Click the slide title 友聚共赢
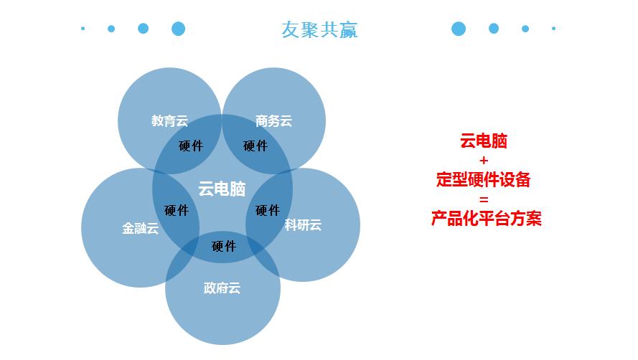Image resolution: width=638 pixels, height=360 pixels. pyautogui.click(x=319, y=29)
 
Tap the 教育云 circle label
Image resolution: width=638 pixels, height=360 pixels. pyautogui.click(x=170, y=121)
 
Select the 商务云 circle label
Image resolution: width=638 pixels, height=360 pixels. pyautogui.click(x=273, y=121)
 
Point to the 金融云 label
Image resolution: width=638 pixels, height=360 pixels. pyautogui.click(x=140, y=229)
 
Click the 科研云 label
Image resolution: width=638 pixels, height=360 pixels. pyautogui.click(x=303, y=225)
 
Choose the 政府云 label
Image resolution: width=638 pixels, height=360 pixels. pyautogui.click(x=222, y=288)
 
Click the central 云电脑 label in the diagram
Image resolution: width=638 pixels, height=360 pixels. pyautogui.click(x=222, y=189)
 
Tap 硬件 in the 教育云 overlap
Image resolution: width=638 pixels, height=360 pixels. pyautogui.click(x=191, y=146)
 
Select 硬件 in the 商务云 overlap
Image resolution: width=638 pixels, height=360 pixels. pyautogui.click(x=255, y=146)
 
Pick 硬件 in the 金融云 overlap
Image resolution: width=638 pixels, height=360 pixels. pyautogui.click(x=176, y=210)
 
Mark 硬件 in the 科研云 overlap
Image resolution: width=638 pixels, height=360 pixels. pyautogui.click(x=268, y=210)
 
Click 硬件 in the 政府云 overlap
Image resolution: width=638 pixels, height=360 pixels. pyautogui.click(x=224, y=246)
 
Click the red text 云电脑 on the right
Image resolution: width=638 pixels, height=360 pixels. pyautogui.click(x=484, y=141)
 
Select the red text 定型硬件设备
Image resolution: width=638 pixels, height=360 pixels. pyautogui.click(x=484, y=180)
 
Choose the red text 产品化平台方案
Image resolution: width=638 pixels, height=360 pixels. pyautogui.click(x=486, y=219)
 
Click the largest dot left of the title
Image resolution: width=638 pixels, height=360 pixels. pyautogui.click(x=179, y=29)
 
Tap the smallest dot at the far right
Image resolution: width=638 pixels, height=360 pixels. pyautogui.click(x=554, y=29)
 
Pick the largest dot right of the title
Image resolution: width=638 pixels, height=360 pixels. pyautogui.click(x=459, y=29)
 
